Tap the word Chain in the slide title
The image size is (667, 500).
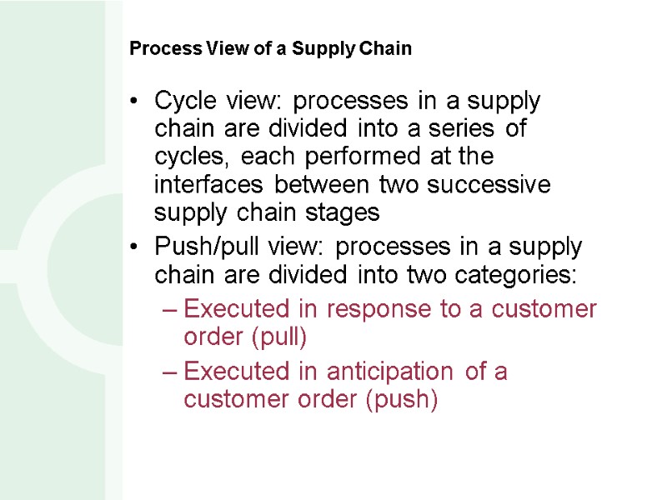coord(388,48)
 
